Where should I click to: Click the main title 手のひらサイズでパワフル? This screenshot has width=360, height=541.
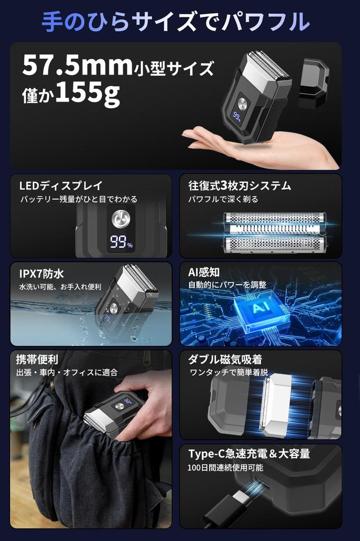pos(176,22)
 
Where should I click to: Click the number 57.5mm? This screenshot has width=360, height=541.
pos(77,65)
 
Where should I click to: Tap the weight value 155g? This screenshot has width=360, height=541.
pos(87,93)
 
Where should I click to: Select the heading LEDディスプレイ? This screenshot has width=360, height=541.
pos(61,185)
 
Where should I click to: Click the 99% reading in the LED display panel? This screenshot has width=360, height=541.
pos(121,242)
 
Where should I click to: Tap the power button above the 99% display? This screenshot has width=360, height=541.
pos(121,218)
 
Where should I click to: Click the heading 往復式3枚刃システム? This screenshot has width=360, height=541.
pos(240,185)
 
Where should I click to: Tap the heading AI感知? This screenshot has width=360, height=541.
pos(204,272)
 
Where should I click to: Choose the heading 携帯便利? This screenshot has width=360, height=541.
pos(37,359)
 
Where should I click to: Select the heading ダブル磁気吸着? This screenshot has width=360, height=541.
pos(225,360)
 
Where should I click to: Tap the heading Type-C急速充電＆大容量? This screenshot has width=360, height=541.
pos(249,453)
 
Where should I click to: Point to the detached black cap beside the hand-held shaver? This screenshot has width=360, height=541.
pos(314,82)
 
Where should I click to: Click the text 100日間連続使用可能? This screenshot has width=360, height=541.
pos(225,468)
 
